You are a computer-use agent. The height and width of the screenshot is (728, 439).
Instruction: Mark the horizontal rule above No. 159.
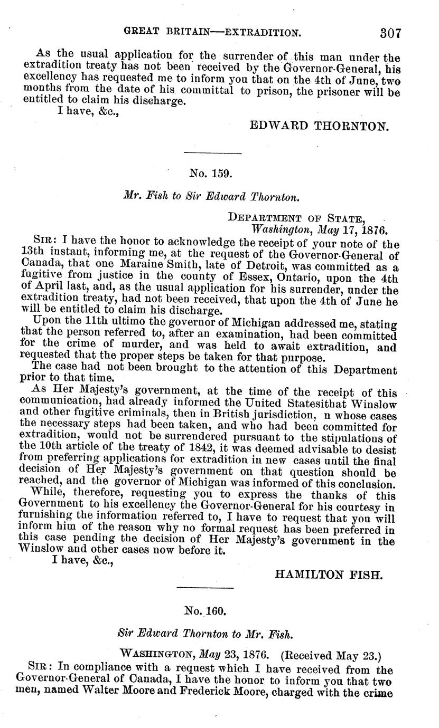211,154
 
